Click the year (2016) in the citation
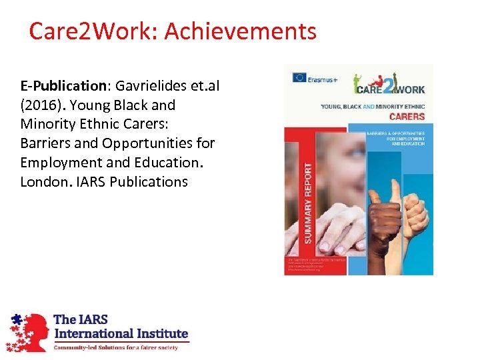[43, 105]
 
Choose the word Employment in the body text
[58, 163]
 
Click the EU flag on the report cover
[299, 77]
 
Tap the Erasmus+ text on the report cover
[324, 77]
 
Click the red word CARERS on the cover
[406, 117]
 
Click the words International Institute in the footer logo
[121, 333]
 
